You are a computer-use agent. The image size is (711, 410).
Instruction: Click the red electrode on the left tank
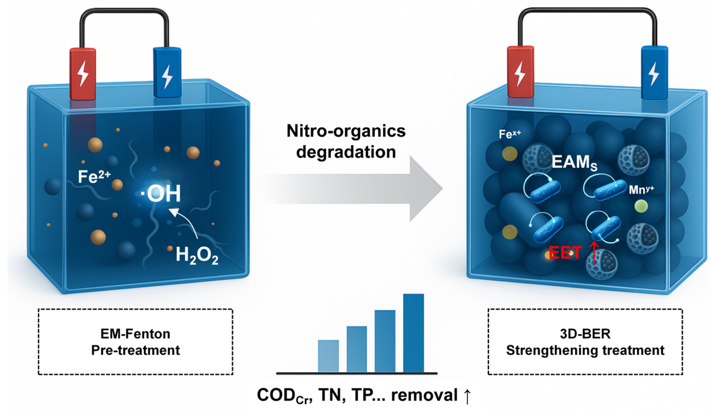click(83, 74)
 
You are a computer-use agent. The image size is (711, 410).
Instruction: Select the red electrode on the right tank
click(520, 72)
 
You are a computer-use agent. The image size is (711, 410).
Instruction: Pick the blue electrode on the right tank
click(654, 73)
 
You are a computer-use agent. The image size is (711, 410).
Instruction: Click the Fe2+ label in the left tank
click(94, 177)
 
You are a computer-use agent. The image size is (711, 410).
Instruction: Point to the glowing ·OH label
click(161, 194)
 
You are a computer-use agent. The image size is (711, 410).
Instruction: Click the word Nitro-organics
click(346, 131)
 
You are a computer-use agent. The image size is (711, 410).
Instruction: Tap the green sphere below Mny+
click(641, 206)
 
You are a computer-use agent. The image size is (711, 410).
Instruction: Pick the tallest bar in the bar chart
click(413, 333)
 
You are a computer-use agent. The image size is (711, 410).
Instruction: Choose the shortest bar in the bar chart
click(328, 356)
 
